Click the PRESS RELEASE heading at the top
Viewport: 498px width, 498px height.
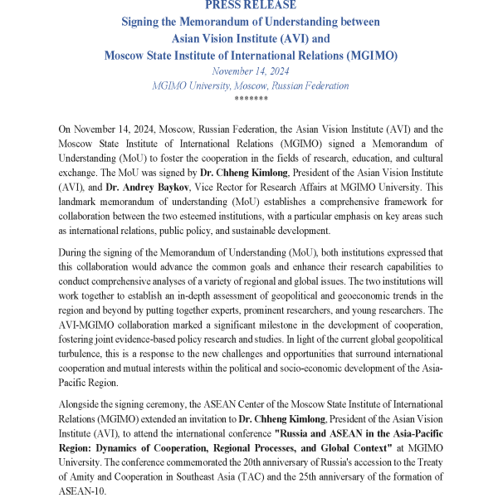tap(250, 5)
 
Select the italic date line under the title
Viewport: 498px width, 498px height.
tap(250, 71)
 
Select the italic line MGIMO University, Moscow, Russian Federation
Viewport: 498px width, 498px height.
tap(250, 85)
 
